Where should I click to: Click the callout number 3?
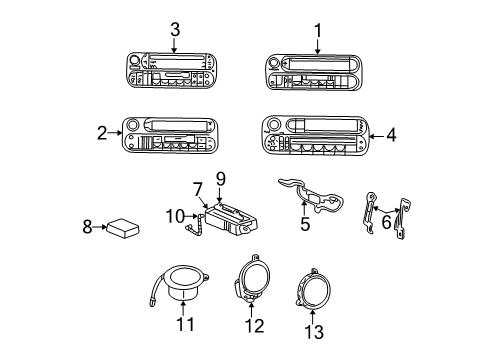point(175,29)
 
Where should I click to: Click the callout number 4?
point(391,133)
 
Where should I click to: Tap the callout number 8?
point(87,228)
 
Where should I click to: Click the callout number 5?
point(305,224)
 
